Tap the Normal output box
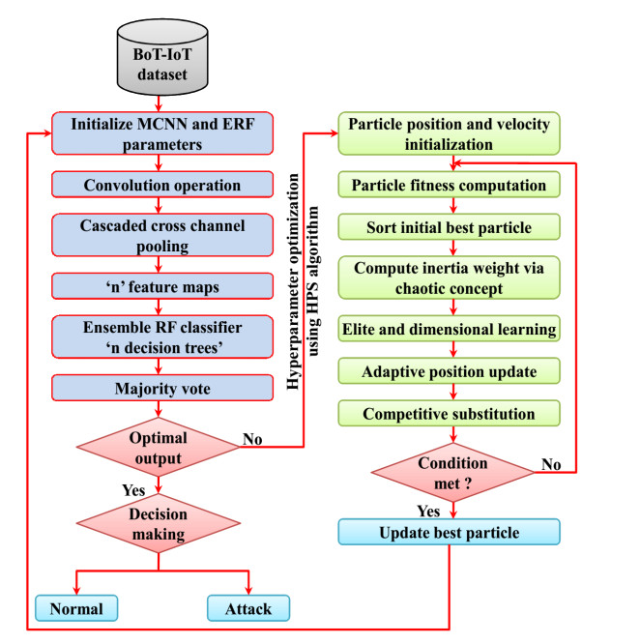(77, 608)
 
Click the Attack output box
(249, 608)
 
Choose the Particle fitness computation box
(449, 184)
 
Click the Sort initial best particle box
(449, 229)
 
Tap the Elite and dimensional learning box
(449, 330)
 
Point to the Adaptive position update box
(449, 371)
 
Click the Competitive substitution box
(449, 414)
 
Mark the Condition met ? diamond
(452, 471)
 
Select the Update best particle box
(449, 533)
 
